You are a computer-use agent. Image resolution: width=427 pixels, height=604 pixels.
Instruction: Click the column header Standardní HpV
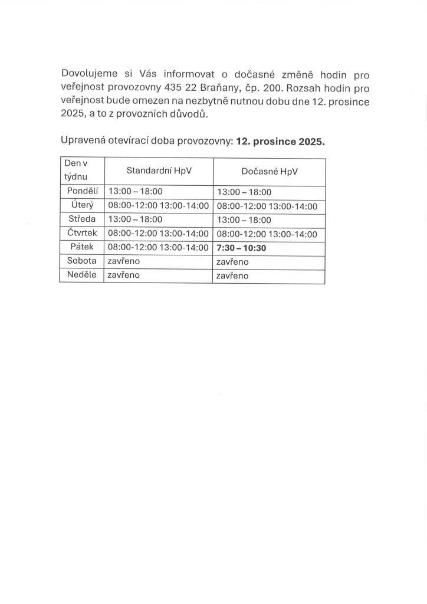click(159, 171)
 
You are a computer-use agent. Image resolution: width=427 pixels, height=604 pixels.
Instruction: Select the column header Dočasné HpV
click(270, 171)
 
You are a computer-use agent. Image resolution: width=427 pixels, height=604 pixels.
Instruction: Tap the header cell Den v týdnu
click(82, 171)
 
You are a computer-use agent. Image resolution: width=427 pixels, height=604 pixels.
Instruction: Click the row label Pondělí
click(82, 192)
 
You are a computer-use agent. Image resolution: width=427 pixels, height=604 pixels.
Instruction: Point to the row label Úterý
click(82, 205)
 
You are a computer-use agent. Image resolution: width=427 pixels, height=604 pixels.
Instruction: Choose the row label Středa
click(82, 219)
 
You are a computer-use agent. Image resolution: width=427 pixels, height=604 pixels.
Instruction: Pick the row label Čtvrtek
click(82, 234)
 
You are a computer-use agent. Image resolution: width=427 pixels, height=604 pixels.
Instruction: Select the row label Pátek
click(82, 247)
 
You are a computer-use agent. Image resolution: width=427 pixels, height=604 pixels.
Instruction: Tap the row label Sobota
click(82, 261)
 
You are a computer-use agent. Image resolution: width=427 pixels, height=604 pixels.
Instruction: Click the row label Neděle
click(82, 275)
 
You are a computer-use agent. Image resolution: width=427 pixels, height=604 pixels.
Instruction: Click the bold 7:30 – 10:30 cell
click(242, 248)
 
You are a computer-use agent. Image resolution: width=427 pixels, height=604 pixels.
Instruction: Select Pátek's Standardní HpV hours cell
click(158, 248)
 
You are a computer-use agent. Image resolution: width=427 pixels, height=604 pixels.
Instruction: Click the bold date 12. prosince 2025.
click(280, 142)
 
